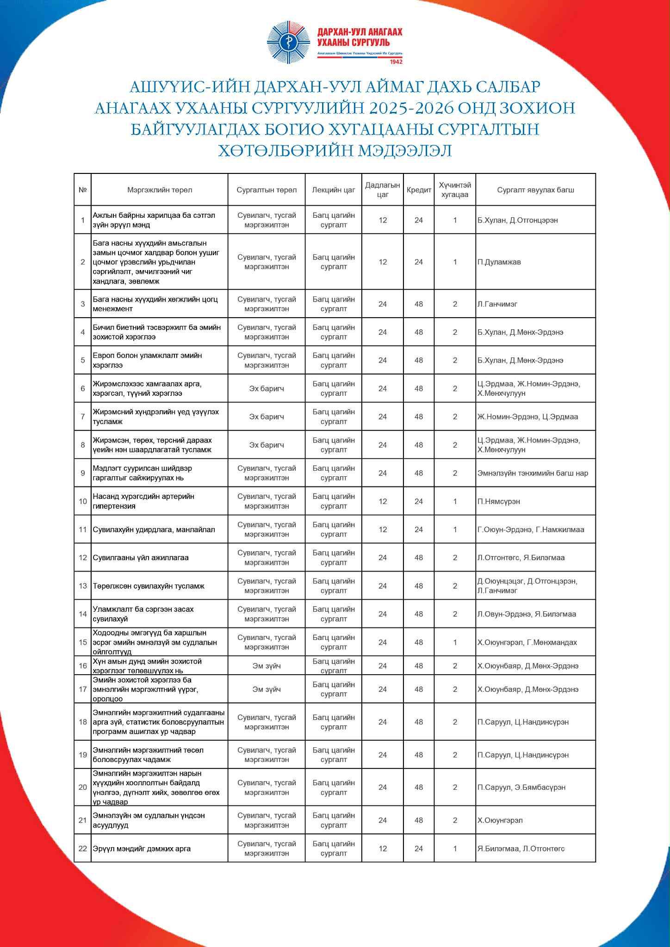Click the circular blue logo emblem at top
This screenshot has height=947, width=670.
[288, 43]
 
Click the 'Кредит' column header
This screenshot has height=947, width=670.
[419, 190]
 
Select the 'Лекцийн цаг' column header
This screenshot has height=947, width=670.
[333, 190]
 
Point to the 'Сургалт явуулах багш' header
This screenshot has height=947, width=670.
[535, 190]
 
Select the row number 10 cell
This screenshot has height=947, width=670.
[83, 501]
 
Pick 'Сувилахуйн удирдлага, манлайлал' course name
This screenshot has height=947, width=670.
[154, 529]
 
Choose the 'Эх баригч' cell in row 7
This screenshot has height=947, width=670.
[267, 417]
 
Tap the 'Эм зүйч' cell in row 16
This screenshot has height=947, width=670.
[267, 666]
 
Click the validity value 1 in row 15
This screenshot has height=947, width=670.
[455, 642]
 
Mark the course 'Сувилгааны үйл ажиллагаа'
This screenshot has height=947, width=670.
[141, 558]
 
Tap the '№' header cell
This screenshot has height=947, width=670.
[83, 190]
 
